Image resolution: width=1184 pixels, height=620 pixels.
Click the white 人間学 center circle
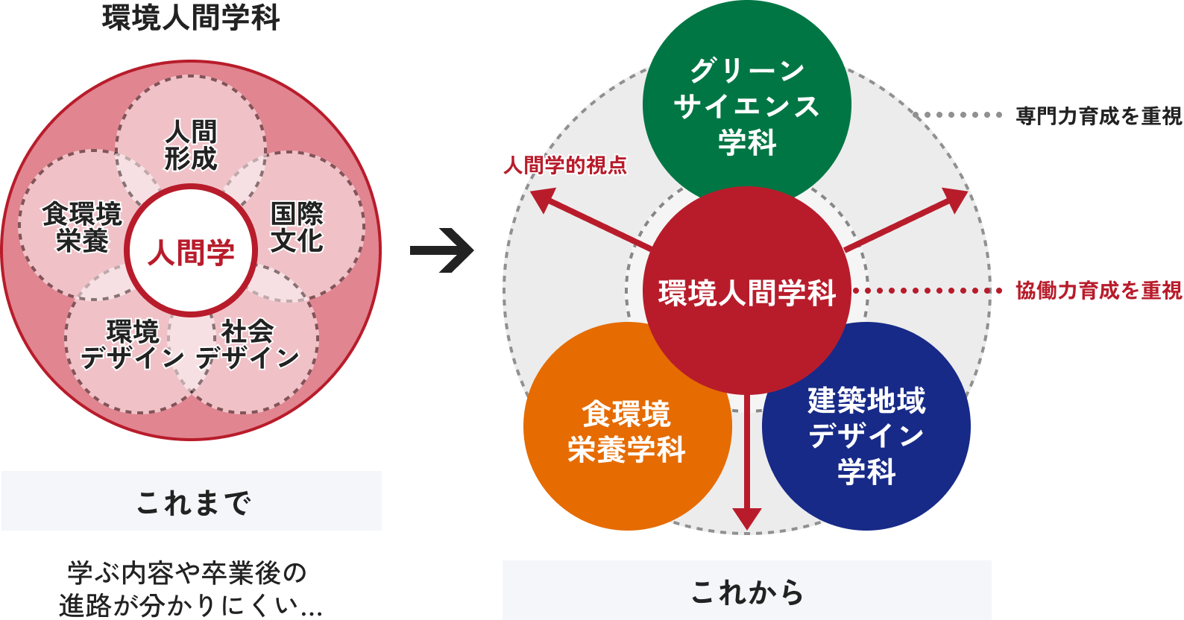tap(191, 252)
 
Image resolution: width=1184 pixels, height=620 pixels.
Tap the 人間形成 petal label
tap(191, 145)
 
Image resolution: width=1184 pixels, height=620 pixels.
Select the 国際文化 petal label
tap(297, 227)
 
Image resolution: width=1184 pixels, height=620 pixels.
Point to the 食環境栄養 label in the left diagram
tap(81, 227)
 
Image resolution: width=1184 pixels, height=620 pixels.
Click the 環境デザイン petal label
tap(132, 344)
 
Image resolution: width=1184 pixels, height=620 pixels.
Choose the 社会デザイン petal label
tap(248, 344)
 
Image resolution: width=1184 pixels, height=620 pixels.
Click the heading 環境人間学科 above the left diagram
tap(191, 17)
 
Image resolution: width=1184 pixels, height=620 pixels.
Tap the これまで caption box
tap(192, 502)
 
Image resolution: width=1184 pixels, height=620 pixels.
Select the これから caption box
tap(746, 591)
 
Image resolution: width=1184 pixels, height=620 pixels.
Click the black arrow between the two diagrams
tap(441, 250)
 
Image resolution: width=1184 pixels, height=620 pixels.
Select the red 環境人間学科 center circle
tap(746, 291)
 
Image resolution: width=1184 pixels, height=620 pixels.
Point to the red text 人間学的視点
tap(564, 165)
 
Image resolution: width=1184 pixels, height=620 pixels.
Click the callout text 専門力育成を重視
tap(1098, 116)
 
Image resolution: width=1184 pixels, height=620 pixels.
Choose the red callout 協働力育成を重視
tap(1098, 291)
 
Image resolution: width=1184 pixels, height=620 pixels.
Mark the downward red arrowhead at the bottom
tap(746, 518)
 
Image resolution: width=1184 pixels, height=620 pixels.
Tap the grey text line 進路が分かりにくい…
tap(191, 605)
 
